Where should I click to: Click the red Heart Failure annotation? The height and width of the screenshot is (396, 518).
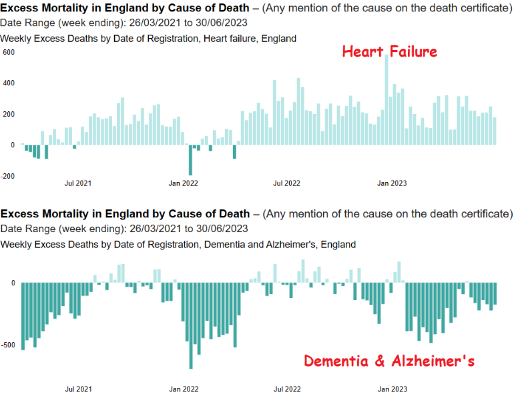tap(390, 52)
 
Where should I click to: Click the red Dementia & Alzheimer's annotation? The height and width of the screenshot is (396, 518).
tap(389, 362)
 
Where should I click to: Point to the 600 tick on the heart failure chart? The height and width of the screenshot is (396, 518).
tap(9, 51)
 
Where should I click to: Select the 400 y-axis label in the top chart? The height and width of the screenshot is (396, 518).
tap(9, 83)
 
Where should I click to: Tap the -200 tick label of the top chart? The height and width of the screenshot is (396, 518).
tap(7, 176)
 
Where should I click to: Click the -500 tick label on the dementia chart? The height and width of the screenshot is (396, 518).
tap(7, 345)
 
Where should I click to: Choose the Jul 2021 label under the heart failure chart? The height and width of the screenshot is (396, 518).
tap(78, 183)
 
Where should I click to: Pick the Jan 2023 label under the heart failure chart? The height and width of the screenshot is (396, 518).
tap(393, 183)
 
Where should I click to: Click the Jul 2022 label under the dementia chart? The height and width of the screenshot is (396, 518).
tap(288, 389)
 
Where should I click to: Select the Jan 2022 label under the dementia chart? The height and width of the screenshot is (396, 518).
tap(184, 389)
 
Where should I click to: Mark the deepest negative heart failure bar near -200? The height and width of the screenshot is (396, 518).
tap(190, 160)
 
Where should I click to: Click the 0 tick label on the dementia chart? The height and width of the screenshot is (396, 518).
tap(13, 283)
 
